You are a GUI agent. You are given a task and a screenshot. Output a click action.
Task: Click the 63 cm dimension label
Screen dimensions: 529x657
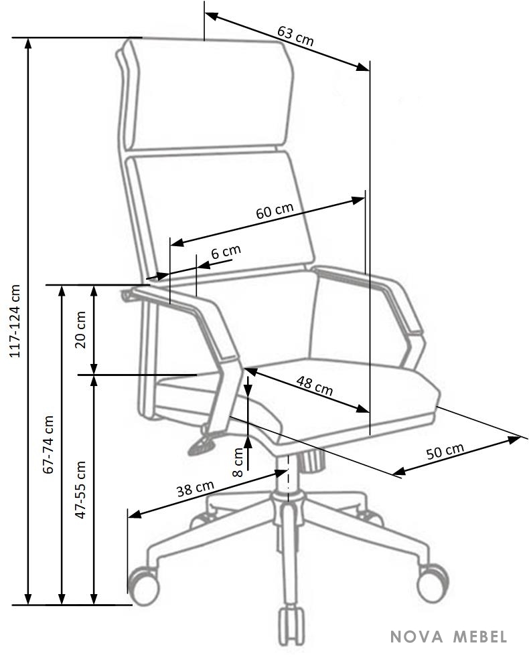295,35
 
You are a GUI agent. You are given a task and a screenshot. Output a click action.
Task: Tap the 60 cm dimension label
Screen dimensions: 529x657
275,210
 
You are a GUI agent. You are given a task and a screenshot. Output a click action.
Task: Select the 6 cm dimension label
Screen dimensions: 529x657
226,252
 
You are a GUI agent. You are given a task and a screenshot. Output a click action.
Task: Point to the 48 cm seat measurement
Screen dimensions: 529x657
315,386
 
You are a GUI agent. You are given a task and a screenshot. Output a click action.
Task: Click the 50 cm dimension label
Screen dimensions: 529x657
445,451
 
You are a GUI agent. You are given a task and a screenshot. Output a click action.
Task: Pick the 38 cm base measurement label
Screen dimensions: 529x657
195,488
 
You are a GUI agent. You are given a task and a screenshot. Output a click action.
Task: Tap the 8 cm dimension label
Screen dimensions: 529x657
238,462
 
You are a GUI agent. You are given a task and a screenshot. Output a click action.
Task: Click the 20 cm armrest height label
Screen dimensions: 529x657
80,330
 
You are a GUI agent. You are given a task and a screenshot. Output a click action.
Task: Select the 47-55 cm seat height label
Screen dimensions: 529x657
80,490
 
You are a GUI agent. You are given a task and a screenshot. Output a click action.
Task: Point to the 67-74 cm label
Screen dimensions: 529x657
48,444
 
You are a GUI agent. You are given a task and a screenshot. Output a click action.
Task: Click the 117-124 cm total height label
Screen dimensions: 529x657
15,321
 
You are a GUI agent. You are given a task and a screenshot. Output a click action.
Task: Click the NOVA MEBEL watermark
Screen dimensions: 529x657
449,637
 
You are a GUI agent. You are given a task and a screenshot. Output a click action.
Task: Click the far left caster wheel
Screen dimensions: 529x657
143,586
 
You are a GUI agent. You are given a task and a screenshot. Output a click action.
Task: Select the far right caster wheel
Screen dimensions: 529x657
433,583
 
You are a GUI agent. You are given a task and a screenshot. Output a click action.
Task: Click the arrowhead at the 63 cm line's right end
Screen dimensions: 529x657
362,67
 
